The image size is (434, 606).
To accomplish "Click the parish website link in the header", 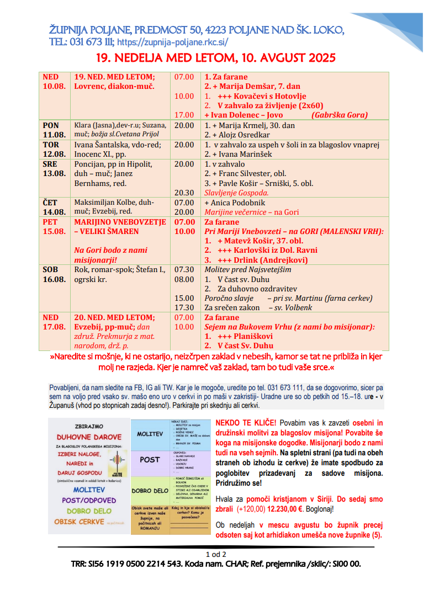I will coord(172,42).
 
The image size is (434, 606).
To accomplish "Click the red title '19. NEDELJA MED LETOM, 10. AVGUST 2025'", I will coord(216,58).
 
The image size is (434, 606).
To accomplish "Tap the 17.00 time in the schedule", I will coord(184,115).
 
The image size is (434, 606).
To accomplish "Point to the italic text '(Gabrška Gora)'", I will coord(340,115).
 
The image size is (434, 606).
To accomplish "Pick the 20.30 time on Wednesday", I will coord(184,193).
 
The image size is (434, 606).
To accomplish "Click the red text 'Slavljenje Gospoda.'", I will coord(236,193).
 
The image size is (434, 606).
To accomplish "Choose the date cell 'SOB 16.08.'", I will coord(54,274).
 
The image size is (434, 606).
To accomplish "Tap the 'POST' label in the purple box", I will coord(149,459).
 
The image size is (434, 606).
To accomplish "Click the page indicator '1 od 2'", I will coord(216,554).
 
